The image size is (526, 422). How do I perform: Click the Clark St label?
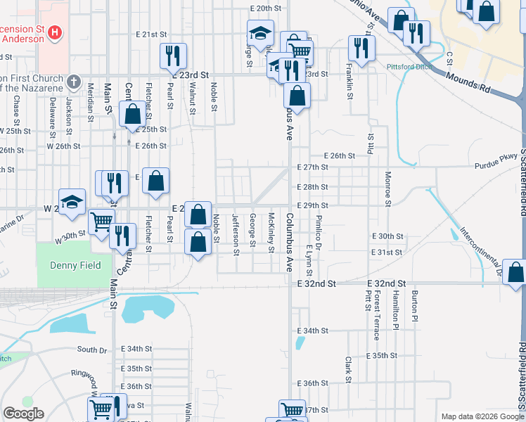coord(349,364)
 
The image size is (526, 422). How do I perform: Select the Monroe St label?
coord(387,188)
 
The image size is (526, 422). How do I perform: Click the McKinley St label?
coord(271,232)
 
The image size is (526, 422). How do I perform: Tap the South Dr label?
coord(92,350)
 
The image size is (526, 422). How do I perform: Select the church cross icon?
coord(72,82)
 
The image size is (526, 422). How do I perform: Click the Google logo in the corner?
coord(23,414)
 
